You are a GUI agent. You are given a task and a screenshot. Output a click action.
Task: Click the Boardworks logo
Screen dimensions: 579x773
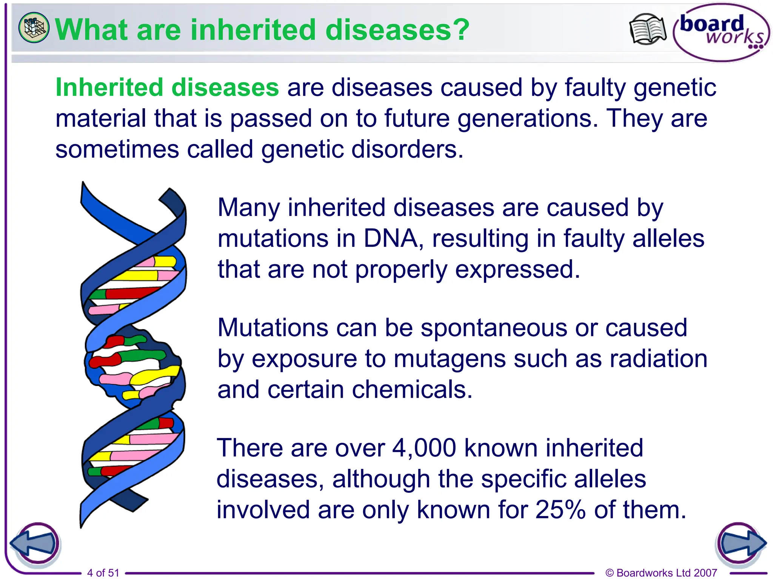721,32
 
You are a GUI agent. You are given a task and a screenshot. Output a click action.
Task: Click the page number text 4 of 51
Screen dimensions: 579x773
103,573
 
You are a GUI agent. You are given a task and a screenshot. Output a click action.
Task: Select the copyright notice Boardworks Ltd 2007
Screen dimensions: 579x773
661,573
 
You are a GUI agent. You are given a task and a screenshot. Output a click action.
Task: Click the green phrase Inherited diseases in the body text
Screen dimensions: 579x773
167,87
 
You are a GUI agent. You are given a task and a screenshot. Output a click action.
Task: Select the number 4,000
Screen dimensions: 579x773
424,448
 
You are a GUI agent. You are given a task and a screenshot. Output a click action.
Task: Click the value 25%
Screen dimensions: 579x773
561,510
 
